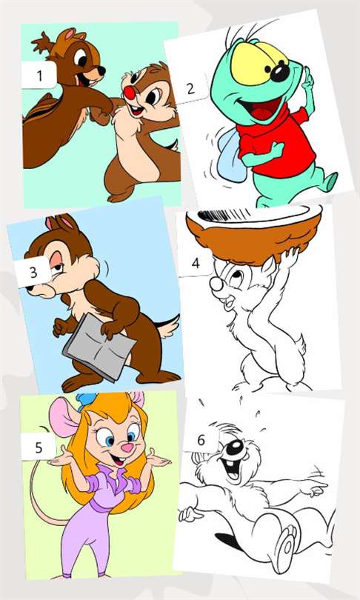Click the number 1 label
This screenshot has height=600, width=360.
click(39, 75)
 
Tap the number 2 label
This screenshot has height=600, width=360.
click(190, 88)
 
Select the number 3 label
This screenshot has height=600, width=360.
click(33, 272)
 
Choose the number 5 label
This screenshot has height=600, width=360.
click(39, 447)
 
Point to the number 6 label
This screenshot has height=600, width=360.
click(201, 441)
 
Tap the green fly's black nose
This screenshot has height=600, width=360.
click(281, 73)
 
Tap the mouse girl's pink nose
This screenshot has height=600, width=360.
click(127, 447)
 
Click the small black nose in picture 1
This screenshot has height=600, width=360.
click(102, 70)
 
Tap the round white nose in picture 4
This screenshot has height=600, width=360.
click(216, 284)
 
